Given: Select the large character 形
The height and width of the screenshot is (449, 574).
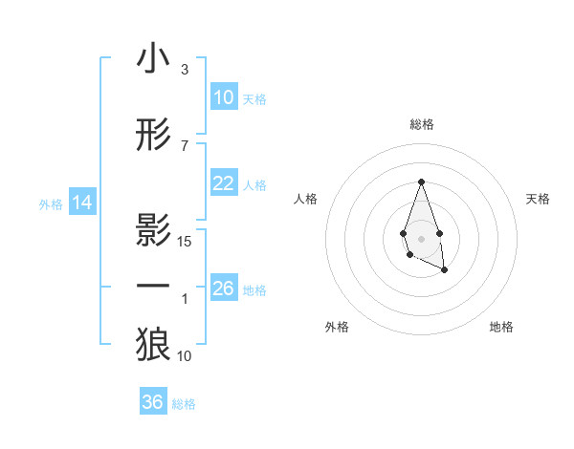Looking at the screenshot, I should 153,135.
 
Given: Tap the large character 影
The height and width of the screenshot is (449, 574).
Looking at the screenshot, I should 153,230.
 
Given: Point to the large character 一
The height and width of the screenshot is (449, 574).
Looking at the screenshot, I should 153,288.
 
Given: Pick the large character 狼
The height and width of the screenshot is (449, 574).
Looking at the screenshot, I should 153,345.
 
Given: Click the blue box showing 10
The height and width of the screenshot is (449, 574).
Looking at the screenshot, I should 224,97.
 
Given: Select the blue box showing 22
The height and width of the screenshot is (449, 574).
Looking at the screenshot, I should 224,183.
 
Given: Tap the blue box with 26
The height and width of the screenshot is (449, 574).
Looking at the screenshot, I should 224,289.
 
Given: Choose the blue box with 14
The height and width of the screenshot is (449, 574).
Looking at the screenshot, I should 82,203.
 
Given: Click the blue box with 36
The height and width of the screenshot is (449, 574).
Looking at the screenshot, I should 153,402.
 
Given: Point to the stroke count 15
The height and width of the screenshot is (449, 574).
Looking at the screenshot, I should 186,241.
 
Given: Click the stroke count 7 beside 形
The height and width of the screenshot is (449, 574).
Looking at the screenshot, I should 185,145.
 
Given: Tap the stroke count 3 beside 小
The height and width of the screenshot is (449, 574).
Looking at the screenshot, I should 185,70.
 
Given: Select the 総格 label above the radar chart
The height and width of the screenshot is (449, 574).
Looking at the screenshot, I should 421,125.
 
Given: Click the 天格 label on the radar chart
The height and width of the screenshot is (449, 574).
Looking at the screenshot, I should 539,199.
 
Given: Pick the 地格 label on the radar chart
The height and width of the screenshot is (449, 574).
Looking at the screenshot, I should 501,328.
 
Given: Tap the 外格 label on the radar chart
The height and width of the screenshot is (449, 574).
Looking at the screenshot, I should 337,328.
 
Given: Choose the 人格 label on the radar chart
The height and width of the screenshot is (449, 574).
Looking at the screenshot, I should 305,199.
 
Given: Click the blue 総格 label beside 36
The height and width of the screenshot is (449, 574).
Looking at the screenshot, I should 184,404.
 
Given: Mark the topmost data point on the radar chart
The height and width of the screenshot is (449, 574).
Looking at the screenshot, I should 421,181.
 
